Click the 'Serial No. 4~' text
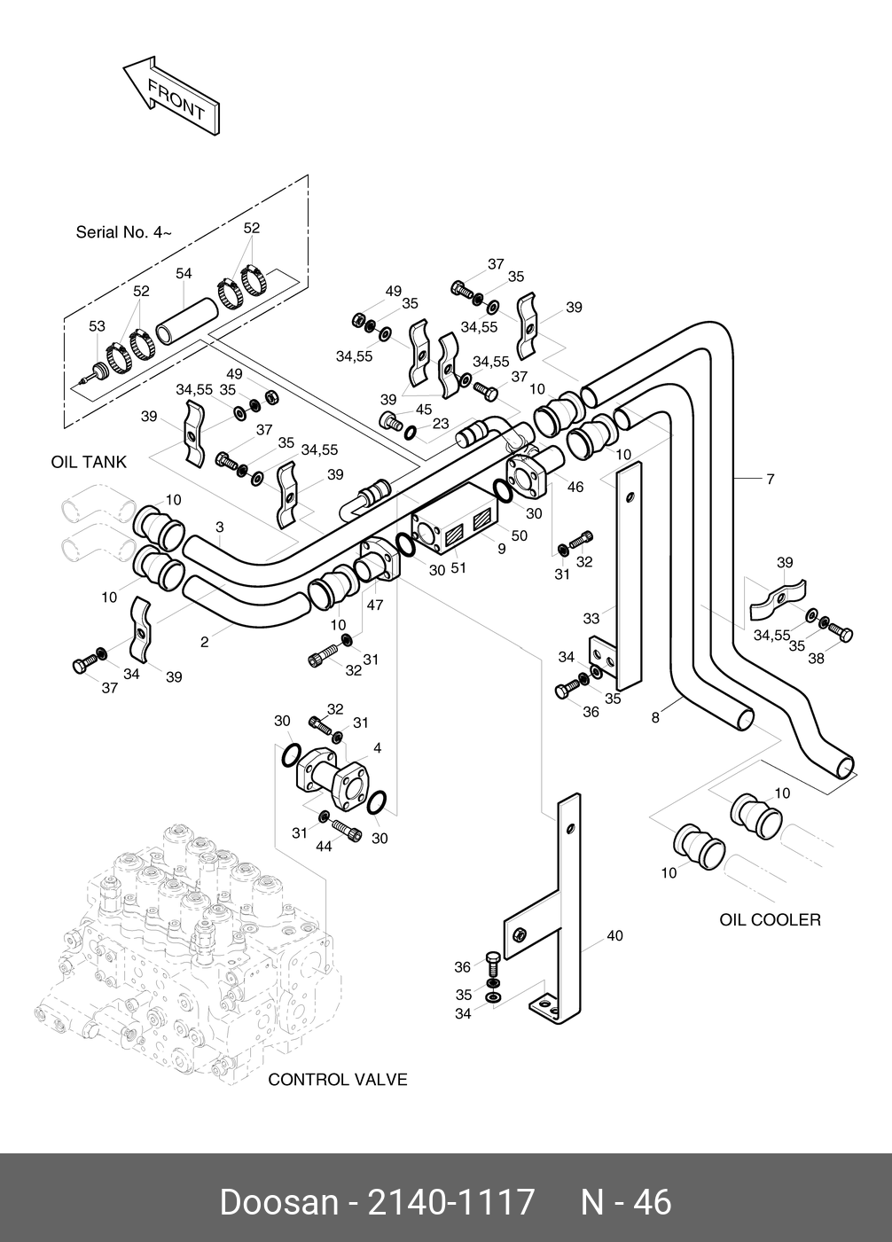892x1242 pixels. (123, 232)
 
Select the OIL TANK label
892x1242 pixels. (89, 462)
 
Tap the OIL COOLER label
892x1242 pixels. (770, 919)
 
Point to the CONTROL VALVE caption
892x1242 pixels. (337, 1079)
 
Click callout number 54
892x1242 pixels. (184, 274)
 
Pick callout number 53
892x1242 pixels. (97, 327)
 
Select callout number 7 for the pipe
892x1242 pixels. (771, 480)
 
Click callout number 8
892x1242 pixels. (655, 718)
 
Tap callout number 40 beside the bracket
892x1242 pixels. (614, 935)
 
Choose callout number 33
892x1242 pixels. (591, 619)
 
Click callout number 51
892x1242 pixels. (459, 567)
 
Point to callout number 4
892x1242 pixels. (377, 748)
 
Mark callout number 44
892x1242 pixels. (324, 846)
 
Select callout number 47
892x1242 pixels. (375, 605)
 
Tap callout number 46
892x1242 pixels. (575, 487)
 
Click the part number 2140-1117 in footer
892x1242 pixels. (451, 1202)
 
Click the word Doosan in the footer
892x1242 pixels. (278, 1202)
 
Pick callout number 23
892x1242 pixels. (441, 424)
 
